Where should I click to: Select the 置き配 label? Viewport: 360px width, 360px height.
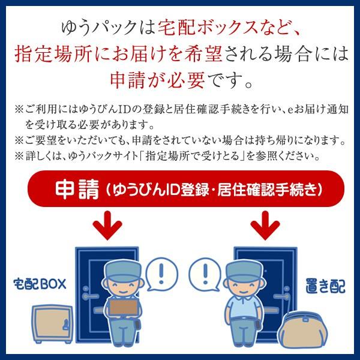point(325,286)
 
